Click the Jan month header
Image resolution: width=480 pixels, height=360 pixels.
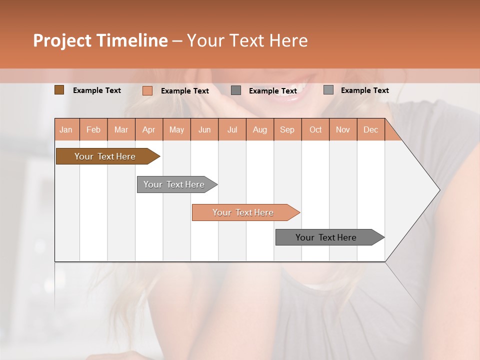click(x=66, y=129)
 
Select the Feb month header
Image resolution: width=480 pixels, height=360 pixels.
click(x=93, y=129)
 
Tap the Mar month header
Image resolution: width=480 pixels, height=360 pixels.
click(x=121, y=129)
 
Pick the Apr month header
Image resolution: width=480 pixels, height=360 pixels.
click(x=149, y=129)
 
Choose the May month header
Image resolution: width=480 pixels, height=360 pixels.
click(x=176, y=129)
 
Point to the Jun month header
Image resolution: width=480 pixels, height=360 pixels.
click(x=204, y=129)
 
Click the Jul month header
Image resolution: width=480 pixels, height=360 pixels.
click(x=232, y=129)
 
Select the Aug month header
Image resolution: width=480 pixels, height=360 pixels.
click(x=260, y=129)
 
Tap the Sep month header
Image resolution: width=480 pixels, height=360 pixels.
click(x=287, y=129)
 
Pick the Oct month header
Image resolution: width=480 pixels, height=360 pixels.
click(x=315, y=129)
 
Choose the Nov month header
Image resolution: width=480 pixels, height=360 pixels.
click(x=343, y=129)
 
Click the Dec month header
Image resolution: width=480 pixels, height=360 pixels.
click(x=371, y=129)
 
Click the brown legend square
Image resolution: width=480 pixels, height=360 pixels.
click(x=59, y=90)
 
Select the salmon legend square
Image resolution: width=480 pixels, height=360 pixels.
click(x=147, y=90)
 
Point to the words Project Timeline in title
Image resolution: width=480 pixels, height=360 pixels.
click(x=100, y=40)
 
